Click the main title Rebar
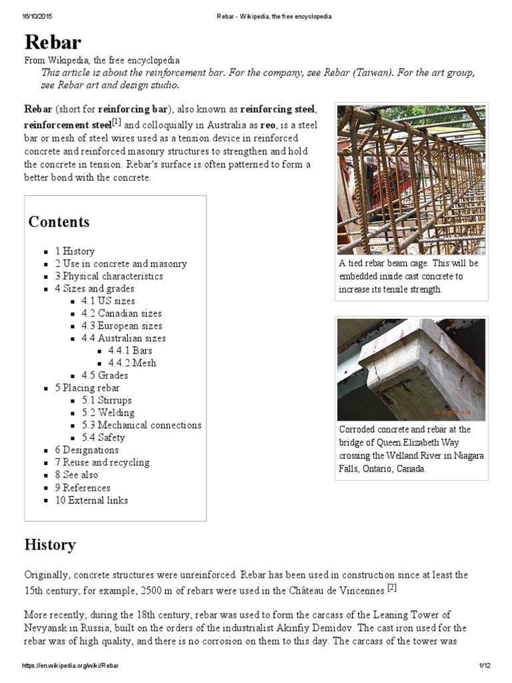(x=53, y=42)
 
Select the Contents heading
(x=59, y=222)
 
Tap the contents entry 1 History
(x=75, y=251)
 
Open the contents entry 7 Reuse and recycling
(x=102, y=462)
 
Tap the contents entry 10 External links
(x=91, y=500)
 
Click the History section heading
(x=50, y=545)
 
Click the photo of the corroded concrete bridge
(x=411, y=369)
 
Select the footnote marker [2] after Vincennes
(x=391, y=588)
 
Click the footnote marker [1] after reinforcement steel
(x=117, y=123)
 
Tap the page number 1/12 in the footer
(x=484, y=666)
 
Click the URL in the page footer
(x=71, y=666)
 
